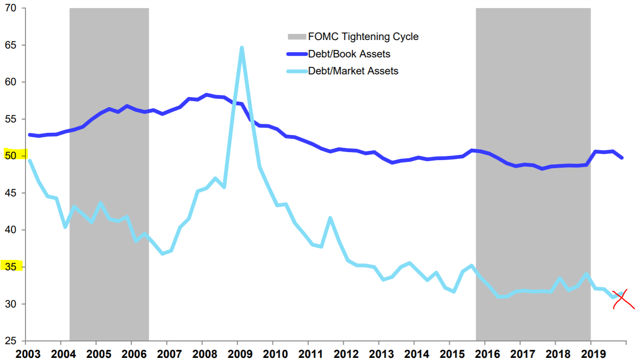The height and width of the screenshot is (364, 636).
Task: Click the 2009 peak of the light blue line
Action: pos(242,48)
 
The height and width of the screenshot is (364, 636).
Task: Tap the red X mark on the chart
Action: pos(623,299)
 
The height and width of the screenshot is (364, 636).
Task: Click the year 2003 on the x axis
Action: pos(26,354)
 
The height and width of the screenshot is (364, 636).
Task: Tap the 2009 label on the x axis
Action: pos(238,354)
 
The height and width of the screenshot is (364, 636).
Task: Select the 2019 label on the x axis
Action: pos(591,354)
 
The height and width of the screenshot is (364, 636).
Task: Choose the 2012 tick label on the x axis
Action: pos(344,354)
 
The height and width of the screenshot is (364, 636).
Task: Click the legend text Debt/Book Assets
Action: pos(349,54)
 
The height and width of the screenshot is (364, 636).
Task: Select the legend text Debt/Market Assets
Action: pos(353,71)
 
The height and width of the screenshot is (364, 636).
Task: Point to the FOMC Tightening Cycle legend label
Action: pos(363,36)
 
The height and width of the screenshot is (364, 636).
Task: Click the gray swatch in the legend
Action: pos(296,37)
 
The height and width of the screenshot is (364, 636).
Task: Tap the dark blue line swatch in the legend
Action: pos(296,54)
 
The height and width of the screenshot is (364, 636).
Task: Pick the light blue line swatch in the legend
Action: pos(296,71)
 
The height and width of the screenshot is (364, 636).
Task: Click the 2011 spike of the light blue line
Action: pos(330,218)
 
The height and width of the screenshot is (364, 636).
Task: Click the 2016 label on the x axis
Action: pos(485,354)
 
